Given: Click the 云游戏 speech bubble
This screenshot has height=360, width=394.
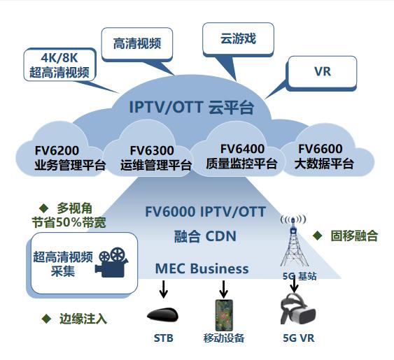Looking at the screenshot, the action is click(x=238, y=39).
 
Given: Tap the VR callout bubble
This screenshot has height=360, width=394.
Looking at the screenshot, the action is click(x=322, y=72).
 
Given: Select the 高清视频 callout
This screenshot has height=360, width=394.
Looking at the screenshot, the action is click(x=137, y=43).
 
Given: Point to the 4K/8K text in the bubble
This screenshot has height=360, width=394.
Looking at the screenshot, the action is click(x=59, y=58).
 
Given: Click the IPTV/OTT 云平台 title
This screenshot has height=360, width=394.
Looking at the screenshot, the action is click(x=191, y=108).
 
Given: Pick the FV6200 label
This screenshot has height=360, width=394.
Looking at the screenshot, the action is click(x=57, y=150).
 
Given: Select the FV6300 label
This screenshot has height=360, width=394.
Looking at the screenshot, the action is click(x=152, y=150).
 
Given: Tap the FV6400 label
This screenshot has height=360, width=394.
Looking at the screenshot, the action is click(x=242, y=149).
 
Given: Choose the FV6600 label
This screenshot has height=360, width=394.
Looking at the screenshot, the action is click(x=320, y=149).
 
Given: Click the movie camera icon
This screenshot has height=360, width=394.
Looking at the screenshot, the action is click(x=112, y=262).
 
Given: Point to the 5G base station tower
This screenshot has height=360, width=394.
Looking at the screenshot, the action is click(x=293, y=240).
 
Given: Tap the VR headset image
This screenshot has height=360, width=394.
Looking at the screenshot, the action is click(x=297, y=309).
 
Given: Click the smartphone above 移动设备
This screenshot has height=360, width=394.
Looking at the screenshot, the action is click(x=224, y=315).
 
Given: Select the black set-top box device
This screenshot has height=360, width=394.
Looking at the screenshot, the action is click(x=163, y=315).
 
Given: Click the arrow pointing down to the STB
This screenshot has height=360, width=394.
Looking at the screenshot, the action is click(x=164, y=289).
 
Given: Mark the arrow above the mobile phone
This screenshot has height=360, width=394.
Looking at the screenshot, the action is click(x=223, y=289).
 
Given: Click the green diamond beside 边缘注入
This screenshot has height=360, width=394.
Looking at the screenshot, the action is click(x=46, y=319).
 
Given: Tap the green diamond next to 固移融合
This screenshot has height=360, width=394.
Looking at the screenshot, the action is click(x=317, y=236).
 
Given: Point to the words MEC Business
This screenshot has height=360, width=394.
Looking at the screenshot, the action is click(x=202, y=268).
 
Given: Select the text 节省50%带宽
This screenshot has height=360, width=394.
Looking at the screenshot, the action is click(x=69, y=222).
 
